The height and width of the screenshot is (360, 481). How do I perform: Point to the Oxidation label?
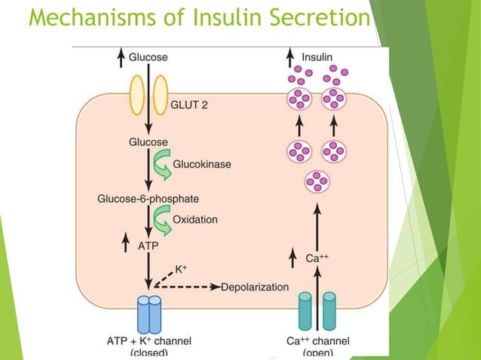(195, 219)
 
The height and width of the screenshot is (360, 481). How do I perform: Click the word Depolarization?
(255, 287)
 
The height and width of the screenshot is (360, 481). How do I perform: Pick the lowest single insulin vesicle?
(317, 182)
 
